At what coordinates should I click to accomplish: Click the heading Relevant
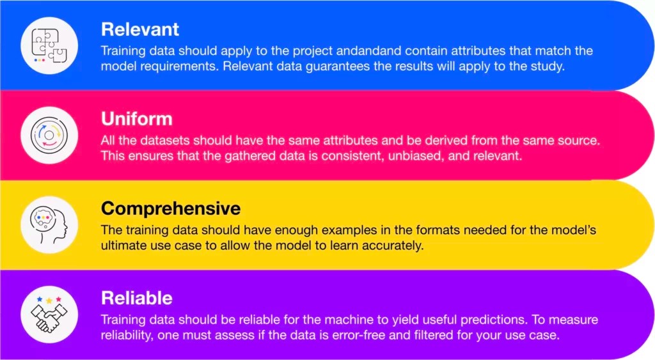tap(140, 29)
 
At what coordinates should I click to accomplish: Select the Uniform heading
tap(136, 119)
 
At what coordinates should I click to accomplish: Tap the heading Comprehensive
tap(171, 208)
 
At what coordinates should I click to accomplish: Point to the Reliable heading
tap(136, 298)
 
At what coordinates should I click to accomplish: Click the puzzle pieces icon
tap(49, 45)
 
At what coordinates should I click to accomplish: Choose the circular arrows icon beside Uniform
tap(49, 135)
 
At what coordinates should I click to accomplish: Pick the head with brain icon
tap(49, 224)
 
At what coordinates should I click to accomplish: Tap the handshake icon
tap(49, 314)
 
